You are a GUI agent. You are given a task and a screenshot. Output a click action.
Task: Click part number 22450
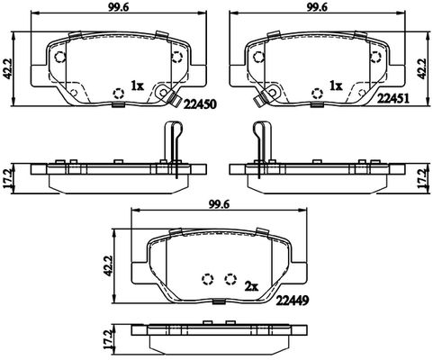[200, 104]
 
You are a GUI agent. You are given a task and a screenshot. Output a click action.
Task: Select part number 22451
[393, 98]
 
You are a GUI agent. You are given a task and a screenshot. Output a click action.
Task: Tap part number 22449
[293, 300]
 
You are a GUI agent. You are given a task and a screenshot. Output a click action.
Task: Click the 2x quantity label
[251, 287]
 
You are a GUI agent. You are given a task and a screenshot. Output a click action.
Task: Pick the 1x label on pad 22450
[138, 86]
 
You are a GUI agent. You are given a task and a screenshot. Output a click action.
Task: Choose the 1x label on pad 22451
[336, 86]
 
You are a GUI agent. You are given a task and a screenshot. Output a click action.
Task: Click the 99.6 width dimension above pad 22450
[119, 8]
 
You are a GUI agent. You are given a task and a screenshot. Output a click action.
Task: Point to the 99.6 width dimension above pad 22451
[317, 8]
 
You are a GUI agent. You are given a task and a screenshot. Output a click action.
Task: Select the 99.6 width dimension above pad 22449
[219, 204]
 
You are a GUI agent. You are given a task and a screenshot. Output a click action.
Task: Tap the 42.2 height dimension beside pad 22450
[7, 69]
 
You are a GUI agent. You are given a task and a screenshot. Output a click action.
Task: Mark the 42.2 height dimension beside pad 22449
[107, 265]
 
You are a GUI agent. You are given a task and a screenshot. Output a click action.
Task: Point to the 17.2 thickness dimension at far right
[422, 177]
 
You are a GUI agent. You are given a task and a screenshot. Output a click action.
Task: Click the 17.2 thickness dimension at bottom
[107, 340]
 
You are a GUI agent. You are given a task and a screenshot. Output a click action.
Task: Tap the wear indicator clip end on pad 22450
[175, 100]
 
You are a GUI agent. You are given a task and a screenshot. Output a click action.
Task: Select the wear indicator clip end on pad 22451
[259, 100]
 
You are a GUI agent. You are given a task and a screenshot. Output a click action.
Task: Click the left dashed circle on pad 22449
[208, 279]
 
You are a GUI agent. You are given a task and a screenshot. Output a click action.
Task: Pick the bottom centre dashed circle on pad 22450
[119, 94]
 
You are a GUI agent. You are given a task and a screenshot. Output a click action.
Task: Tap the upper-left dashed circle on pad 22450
[60, 57]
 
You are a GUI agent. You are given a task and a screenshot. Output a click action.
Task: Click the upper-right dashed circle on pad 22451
[375, 57]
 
